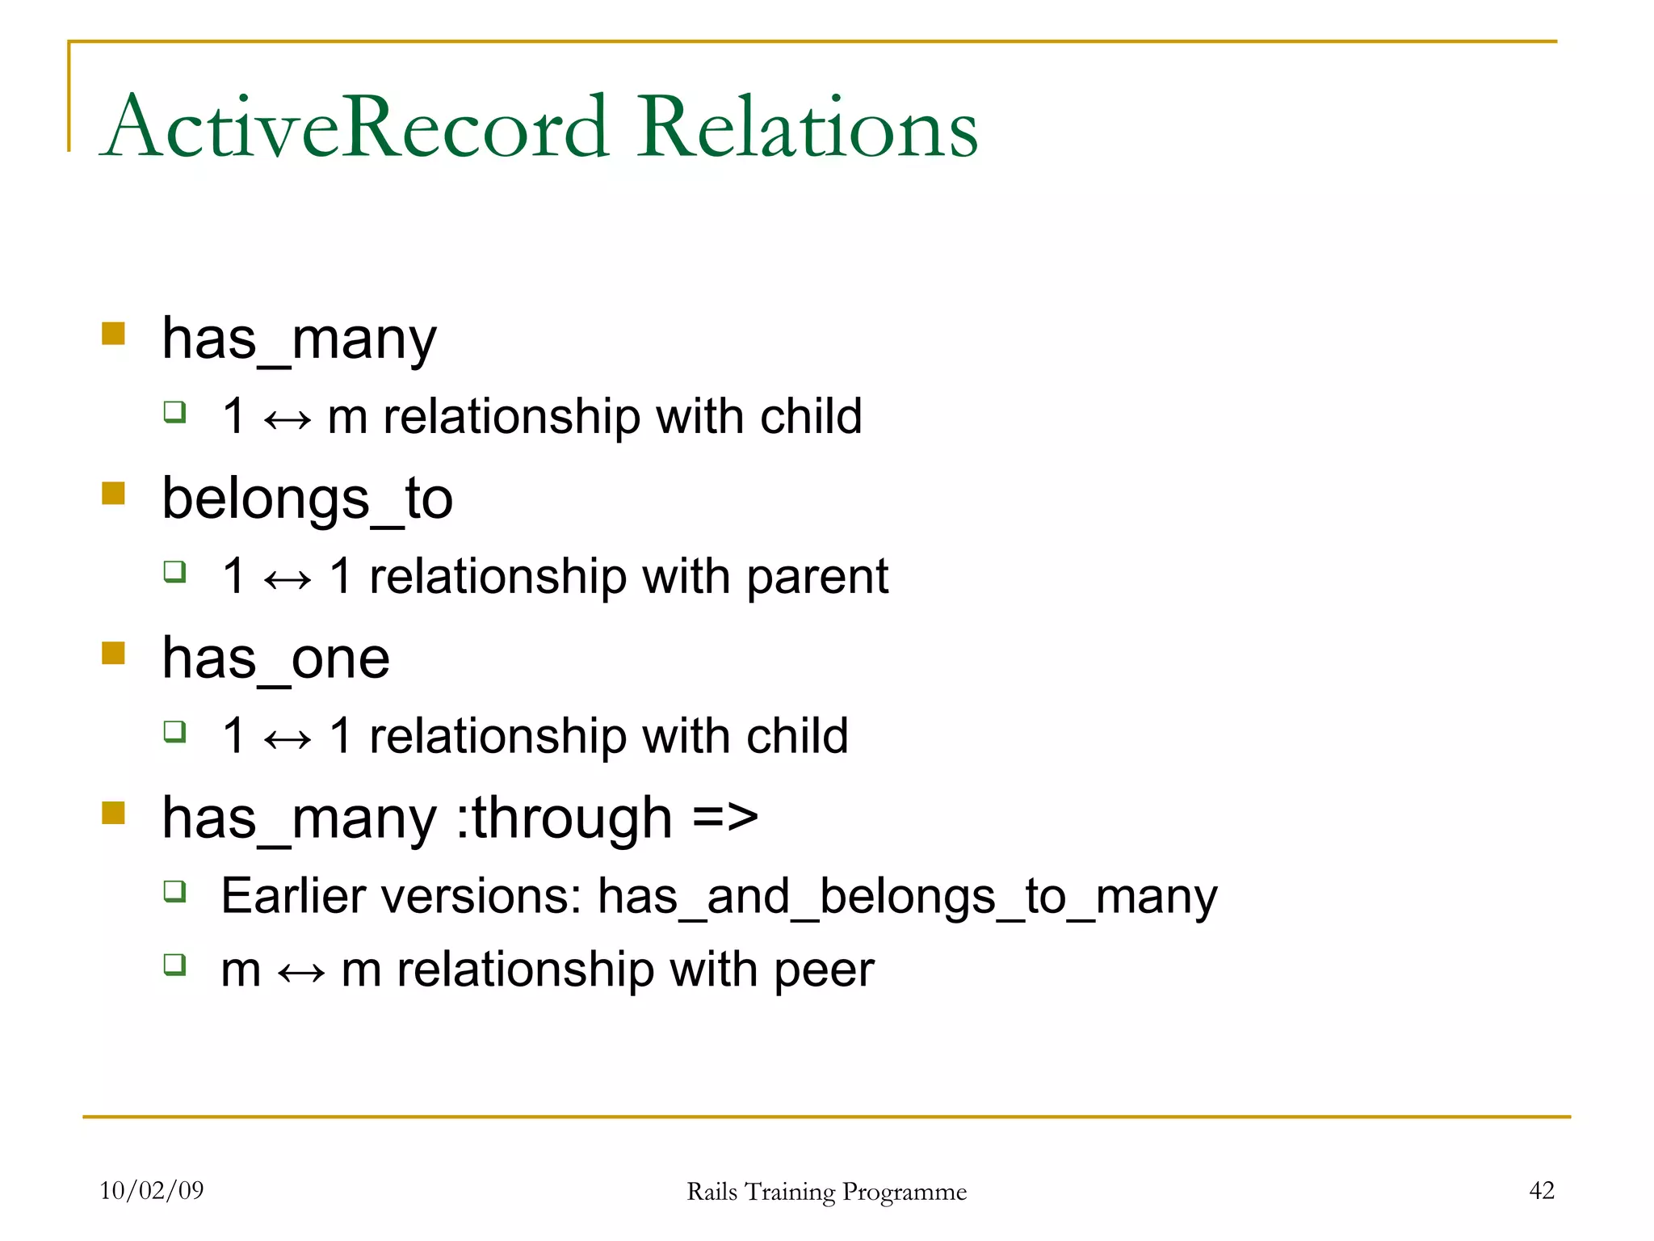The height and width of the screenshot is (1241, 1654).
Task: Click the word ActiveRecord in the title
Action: [x=355, y=128]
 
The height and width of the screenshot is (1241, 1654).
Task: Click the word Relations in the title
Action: [x=808, y=128]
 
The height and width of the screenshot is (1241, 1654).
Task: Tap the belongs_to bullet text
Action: [x=307, y=499]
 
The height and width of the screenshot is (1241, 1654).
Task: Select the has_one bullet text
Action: [x=275, y=658]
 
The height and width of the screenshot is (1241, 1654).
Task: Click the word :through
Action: [x=565, y=818]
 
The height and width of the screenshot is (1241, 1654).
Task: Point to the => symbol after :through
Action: [x=725, y=818]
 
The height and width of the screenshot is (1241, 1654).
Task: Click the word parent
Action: [x=817, y=577]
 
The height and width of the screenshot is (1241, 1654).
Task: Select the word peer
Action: [x=824, y=970]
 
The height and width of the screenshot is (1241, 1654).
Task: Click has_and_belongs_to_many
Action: [x=907, y=897]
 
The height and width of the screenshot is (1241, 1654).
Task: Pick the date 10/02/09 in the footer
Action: [x=152, y=1190]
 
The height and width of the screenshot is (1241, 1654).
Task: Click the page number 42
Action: [x=1542, y=1190]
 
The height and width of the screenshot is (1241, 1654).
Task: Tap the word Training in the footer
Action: [x=790, y=1192]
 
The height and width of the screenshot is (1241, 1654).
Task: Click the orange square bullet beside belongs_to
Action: [x=114, y=493]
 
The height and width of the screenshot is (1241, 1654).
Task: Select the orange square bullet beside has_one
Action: [x=114, y=653]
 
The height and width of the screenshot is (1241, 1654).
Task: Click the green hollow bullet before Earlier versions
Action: [x=174, y=891]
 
